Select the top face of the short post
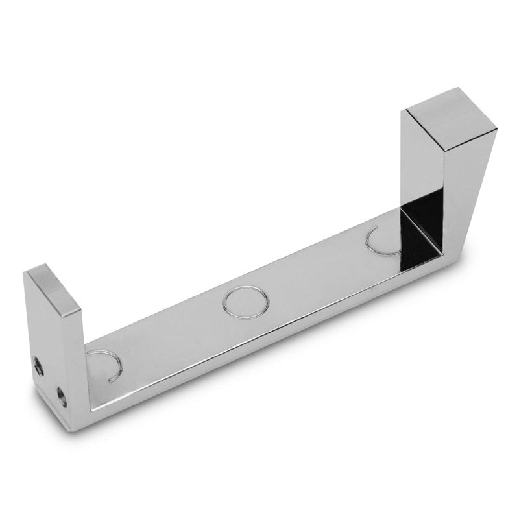click(54, 286)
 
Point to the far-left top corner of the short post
click(24, 272)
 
